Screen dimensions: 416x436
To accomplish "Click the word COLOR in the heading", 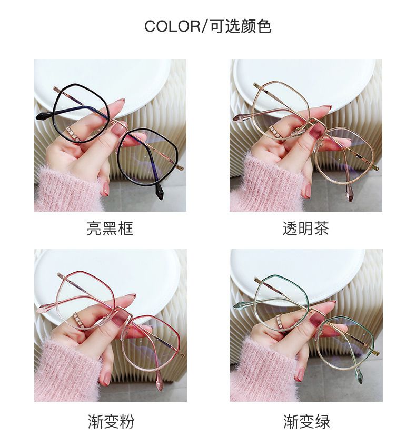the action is tap(172, 26).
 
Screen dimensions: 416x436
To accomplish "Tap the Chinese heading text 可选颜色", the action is tap(241, 26).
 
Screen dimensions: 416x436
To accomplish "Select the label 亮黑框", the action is tap(110, 229).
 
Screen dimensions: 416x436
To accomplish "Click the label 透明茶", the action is tap(305, 229).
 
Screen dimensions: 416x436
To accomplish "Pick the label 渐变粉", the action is tap(111, 421).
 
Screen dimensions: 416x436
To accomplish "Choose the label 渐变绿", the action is tap(306, 421).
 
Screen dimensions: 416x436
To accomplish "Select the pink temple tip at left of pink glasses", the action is tap(44, 308).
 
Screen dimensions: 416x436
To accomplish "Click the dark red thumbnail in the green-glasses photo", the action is tap(317, 318).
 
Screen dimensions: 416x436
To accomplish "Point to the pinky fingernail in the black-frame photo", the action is tap(106, 189).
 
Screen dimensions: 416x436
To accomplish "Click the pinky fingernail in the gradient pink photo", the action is tap(106, 379).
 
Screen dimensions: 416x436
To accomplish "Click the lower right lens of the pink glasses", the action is tap(152, 344).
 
